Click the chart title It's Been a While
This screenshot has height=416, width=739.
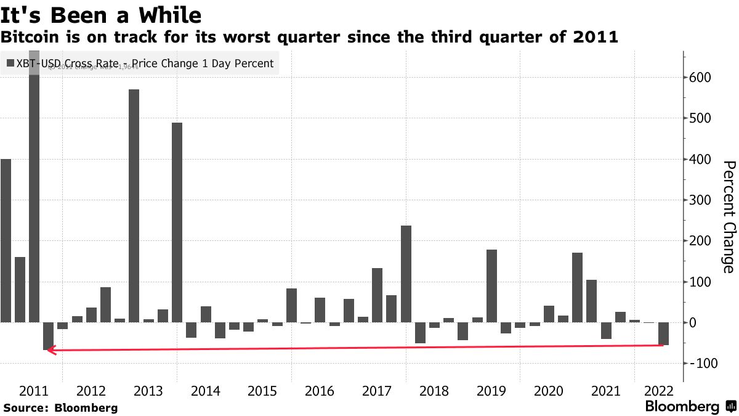point(102,14)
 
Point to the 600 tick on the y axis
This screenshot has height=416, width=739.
point(701,78)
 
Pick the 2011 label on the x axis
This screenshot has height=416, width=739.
point(34,391)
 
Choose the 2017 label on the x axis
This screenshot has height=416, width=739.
point(377,391)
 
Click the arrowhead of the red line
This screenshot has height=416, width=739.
point(50,350)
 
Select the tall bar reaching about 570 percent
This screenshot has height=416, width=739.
point(134,206)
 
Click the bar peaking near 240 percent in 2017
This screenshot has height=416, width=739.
point(406,274)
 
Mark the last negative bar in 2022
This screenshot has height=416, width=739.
point(663,333)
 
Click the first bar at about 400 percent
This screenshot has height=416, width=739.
point(6,240)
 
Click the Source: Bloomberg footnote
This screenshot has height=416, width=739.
point(60,407)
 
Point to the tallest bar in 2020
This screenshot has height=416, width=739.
point(577,287)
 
